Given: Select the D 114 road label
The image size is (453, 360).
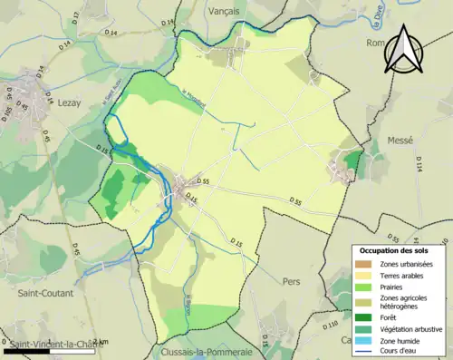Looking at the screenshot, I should click(419, 164).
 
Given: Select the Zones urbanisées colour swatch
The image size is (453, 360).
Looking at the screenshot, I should click(365, 263).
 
